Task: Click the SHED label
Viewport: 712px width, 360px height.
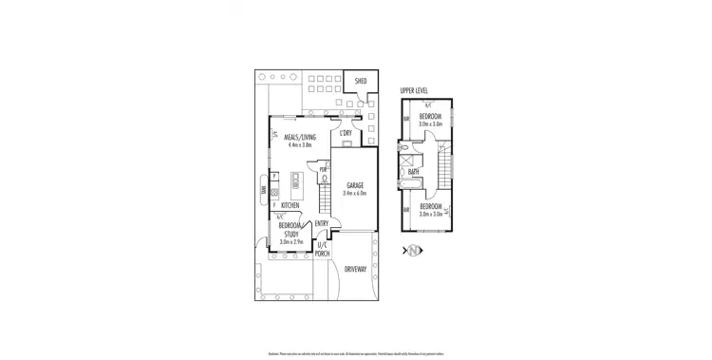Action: (361, 82)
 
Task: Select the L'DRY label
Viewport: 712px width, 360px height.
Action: (347, 134)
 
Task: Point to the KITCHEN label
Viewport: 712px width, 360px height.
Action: (290, 205)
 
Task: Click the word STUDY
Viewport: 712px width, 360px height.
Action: (291, 234)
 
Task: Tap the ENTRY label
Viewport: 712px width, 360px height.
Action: (322, 224)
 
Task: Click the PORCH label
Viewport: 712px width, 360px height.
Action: (323, 253)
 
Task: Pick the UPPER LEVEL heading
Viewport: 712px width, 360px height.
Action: (414, 92)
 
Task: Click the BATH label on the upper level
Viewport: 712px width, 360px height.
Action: (414, 172)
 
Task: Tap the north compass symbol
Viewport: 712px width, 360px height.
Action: (414, 250)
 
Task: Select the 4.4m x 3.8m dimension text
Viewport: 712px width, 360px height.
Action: (300, 144)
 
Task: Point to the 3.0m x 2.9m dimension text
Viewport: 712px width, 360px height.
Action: (291, 241)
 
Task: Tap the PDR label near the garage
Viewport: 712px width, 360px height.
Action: (323, 169)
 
